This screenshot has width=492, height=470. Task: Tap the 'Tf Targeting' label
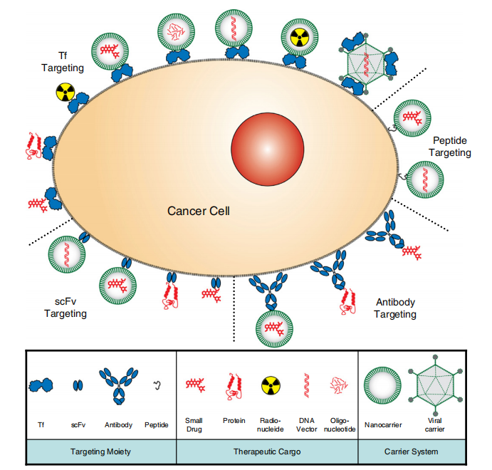pyautogui.click(x=63, y=62)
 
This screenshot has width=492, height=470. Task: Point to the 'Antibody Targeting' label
pyautogui.click(x=396, y=308)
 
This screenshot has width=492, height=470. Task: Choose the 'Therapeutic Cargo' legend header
pyautogui.click(x=267, y=452)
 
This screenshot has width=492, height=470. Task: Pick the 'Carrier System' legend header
pyautogui.click(x=414, y=452)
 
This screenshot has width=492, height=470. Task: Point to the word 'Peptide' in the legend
pyautogui.click(x=157, y=425)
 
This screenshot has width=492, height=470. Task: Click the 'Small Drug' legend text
pyautogui.click(x=194, y=425)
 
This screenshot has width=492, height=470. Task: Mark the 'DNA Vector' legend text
pyautogui.click(x=307, y=425)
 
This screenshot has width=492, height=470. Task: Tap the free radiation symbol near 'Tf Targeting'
pyautogui.click(x=65, y=92)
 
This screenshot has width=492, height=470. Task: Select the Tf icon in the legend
pyautogui.click(x=41, y=385)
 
